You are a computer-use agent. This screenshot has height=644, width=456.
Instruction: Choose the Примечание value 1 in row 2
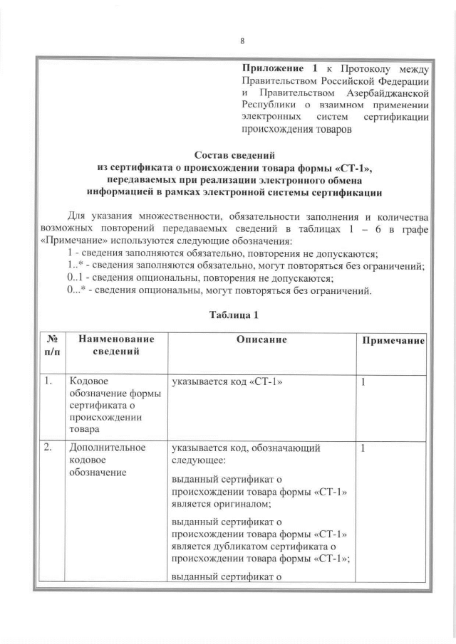click(363, 448)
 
